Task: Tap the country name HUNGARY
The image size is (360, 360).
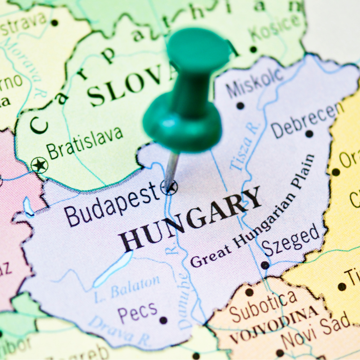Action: coord(190,219)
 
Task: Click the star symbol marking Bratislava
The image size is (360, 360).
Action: coord(39,165)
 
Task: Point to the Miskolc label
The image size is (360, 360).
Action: coord(255,82)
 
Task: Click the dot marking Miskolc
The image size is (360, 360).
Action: coord(240,106)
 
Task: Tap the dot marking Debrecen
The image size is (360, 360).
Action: coord(309,134)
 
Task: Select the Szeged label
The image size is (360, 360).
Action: coord(292,240)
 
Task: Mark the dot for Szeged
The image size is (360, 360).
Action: coord(265,265)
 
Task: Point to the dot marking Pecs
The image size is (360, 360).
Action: coord(163,321)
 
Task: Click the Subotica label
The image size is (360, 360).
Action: coord(263,305)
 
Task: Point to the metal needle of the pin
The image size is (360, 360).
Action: coord(171,169)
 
